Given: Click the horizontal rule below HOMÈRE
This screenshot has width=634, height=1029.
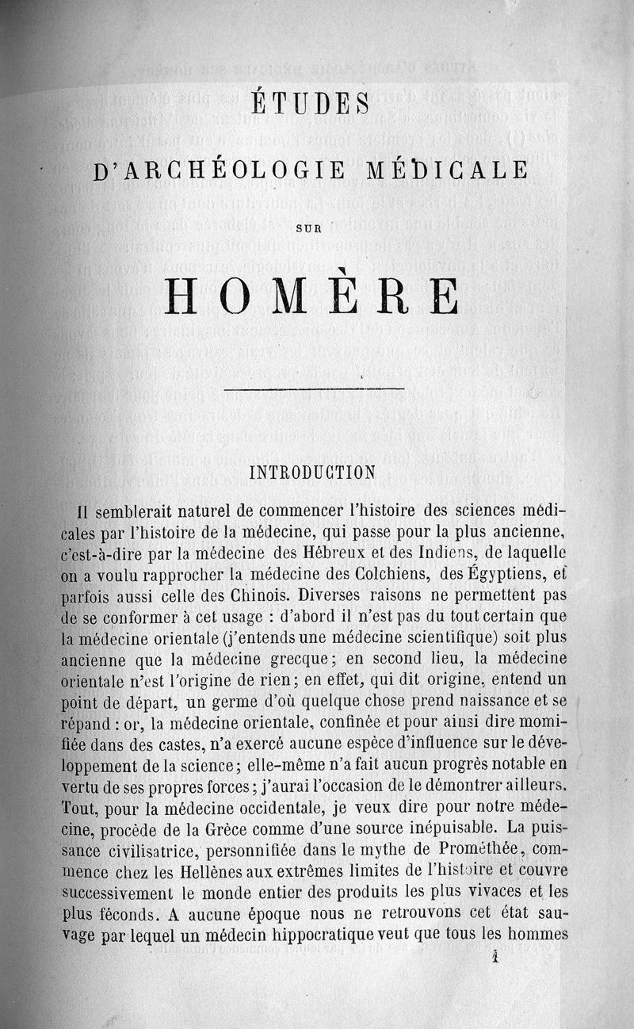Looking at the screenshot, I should click(x=315, y=388).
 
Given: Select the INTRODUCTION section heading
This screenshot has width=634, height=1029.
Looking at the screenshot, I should click(x=312, y=473).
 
